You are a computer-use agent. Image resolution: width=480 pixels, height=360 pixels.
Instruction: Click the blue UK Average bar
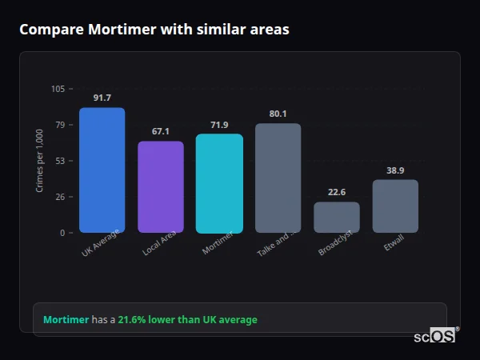[x=102, y=170]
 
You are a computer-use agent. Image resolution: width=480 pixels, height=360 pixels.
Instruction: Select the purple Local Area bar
[x=161, y=187]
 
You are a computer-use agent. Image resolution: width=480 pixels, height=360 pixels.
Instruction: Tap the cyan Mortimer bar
[x=219, y=183]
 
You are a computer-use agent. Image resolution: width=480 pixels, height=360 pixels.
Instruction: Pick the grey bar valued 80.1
[x=278, y=178]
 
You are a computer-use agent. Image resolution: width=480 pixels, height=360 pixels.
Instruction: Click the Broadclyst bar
[x=337, y=217]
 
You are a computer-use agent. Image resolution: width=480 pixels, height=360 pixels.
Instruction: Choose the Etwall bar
[x=395, y=206]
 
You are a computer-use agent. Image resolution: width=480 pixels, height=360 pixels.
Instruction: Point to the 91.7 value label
[x=102, y=98]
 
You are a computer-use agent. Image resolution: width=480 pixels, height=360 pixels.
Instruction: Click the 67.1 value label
[x=161, y=131]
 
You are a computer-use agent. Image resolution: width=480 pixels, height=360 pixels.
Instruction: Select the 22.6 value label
[x=337, y=192]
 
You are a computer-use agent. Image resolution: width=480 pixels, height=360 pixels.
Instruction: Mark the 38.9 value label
[x=395, y=170]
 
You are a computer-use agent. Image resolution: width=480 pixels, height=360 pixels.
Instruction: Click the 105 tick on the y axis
[x=58, y=89]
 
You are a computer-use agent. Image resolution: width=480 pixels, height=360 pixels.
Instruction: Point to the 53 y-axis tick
[x=60, y=161]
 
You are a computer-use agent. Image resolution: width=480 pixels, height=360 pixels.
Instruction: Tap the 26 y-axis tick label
[x=60, y=197]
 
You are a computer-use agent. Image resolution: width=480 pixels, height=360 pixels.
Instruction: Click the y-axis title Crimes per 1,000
[x=40, y=161]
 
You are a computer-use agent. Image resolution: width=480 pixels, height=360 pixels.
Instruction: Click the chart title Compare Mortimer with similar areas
[x=154, y=30]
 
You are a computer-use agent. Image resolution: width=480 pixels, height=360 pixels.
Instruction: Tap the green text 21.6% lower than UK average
[x=188, y=320]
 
